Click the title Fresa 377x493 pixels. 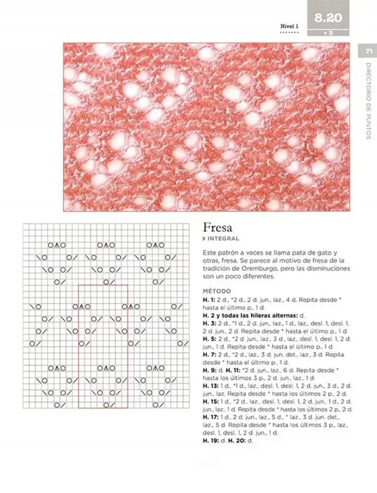point(217,228)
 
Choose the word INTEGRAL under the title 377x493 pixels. point(221,241)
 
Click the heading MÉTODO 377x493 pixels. point(217,292)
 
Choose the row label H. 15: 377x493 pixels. point(210,400)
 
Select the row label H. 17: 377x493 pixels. point(210,416)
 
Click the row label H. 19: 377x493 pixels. point(210,441)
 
